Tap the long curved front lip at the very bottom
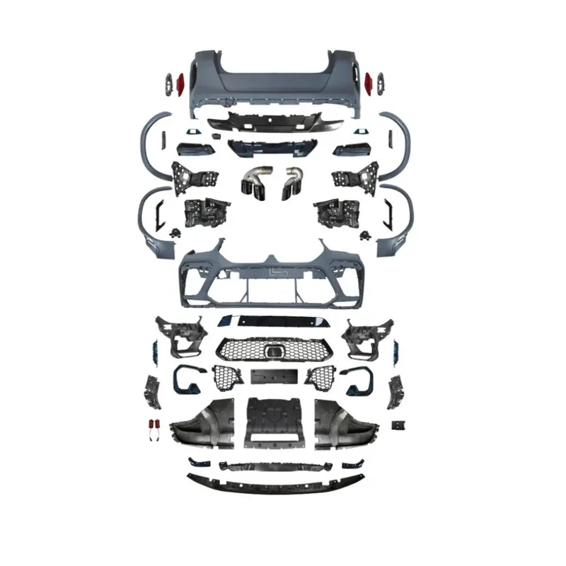coord(275,485)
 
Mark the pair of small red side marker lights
coord(154,427)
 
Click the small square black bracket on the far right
coord(400,425)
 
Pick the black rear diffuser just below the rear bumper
coord(274,122)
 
